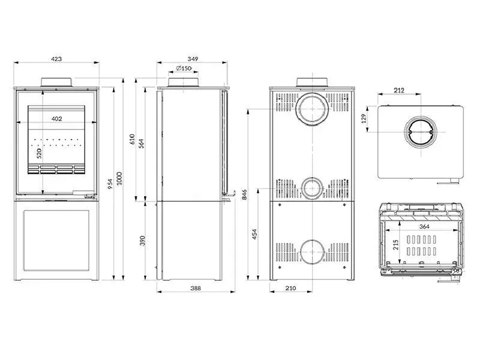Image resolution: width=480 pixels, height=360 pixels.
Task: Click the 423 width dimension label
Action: pos(56,59)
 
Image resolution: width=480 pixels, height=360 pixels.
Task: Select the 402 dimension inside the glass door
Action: pos(57,119)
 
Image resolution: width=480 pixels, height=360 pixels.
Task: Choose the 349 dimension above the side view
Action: pos(193,59)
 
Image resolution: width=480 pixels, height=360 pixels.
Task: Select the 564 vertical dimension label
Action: pos(142,143)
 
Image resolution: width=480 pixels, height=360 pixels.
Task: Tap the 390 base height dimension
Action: pos(142,240)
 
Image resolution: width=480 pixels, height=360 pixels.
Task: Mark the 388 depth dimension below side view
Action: pos(196,289)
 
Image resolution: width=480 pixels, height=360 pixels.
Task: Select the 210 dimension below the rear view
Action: pos(290,289)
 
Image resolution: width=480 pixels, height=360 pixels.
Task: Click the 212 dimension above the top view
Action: pos(400,91)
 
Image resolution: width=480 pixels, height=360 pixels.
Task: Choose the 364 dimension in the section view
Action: pos(424,226)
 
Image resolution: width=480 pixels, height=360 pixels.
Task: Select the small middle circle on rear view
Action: pos(311,188)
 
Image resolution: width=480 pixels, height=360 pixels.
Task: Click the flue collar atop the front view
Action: pos(57,82)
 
